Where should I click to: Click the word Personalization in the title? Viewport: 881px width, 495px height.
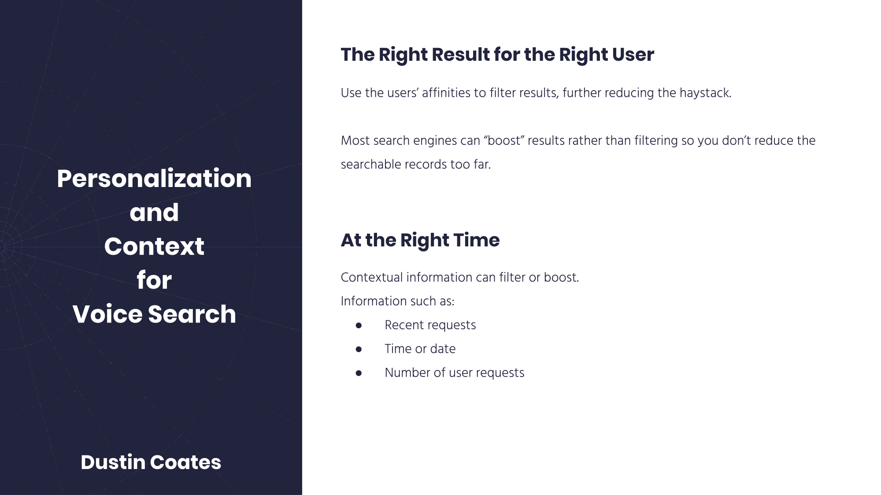(x=154, y=179)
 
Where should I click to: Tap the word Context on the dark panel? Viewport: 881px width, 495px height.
(x=154, y=246)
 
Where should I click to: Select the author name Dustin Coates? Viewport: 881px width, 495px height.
(x=151, y=462)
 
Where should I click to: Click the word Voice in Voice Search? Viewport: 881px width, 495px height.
(x=107, y=314)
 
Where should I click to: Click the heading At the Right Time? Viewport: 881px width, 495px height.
(x=420, y=240)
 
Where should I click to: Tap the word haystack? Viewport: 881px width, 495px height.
(x=705, y=93)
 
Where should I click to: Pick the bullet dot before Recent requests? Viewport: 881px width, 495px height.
(x=359, y=325)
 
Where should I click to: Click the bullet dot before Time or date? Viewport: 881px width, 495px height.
(x=359, y=349)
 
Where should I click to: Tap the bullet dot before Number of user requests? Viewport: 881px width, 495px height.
(x=359, y=373)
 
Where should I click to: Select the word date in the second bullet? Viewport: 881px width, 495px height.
(x=443, y=349)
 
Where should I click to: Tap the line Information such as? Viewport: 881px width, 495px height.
(x=397, y=301)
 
